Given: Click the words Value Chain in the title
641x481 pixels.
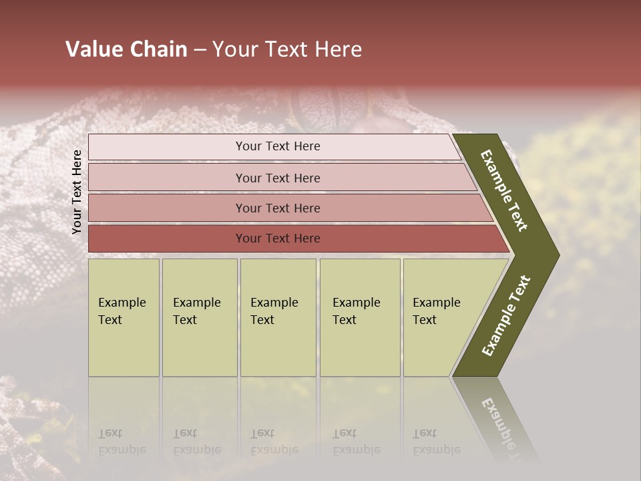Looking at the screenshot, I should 126,49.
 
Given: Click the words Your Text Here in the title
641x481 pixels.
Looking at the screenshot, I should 287,49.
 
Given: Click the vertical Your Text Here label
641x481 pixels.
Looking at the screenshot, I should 77,192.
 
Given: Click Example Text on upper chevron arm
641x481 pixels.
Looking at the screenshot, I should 504,190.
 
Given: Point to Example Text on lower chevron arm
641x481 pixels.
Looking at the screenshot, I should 505,316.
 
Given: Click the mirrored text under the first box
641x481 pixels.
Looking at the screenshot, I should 122,442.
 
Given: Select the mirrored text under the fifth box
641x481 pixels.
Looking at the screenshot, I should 436,442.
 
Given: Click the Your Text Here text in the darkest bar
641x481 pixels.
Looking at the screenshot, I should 278,238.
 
